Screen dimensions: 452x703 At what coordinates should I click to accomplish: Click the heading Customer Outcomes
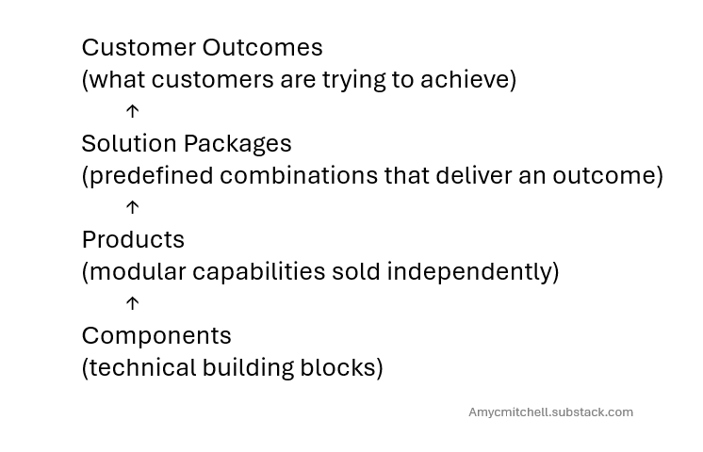[202, 47]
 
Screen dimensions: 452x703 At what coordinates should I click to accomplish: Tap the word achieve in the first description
[467, 79]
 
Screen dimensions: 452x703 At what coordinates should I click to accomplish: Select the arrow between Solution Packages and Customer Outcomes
[132, 111]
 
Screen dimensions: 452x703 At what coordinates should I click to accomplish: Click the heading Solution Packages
[187, 143]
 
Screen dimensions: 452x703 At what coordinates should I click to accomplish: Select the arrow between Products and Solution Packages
[132, 207]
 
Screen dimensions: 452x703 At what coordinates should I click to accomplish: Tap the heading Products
[133, 239]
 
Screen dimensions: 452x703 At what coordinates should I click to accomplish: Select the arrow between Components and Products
[132, 303]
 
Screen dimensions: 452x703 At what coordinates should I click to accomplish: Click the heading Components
[156, 335]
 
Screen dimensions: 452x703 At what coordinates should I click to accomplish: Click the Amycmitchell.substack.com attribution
[550, 412]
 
